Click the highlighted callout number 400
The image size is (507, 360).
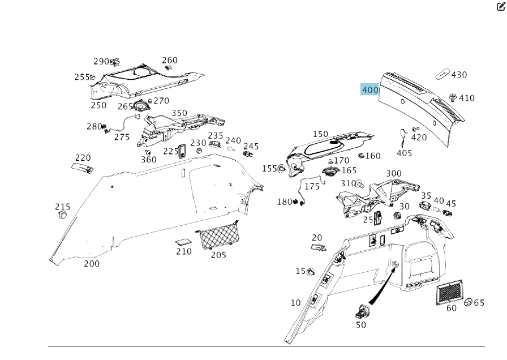tap(370, 90)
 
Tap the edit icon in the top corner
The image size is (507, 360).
tap(501, 6)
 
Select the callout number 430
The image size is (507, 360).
tap(459, 75)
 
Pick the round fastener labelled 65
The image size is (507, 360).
tap(468, 303)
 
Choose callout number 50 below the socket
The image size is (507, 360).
tap(361, 325)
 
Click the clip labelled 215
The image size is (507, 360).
tap(63, 216)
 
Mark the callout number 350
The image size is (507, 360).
tap(179, 113)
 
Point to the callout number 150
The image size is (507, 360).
tap(320, 134)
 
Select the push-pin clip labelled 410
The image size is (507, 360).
tap(452, 97)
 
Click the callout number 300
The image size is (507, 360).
tap(394, 174)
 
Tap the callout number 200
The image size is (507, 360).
tap(92, 263)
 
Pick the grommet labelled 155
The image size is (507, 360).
tap(282, 169)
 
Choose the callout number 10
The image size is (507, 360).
tap(296, 303)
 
